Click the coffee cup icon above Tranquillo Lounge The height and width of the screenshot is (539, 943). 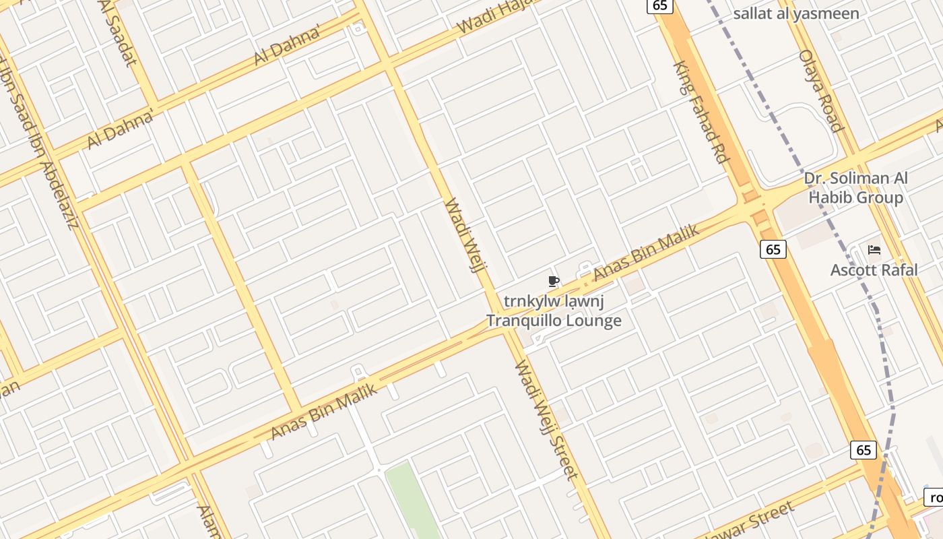coord(554,281)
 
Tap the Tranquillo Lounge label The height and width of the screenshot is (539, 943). coord(554,321)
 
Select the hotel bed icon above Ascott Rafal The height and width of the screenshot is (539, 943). coord(874,250)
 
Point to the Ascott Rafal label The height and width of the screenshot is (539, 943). coord(874,270)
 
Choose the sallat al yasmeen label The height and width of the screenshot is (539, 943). coord(795,13)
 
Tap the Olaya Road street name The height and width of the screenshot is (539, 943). coord(820,91)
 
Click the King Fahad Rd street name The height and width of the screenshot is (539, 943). coord(701,113)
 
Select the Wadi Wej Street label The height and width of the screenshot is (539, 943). coord(546,420)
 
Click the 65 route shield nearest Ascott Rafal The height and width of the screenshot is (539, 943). coord(773,249)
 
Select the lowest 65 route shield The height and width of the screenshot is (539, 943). coord(864,450)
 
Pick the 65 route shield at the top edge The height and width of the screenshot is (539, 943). coord(659,5)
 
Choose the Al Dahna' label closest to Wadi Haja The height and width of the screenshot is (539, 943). coord(286,47)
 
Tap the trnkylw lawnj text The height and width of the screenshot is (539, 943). coord(554,301)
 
